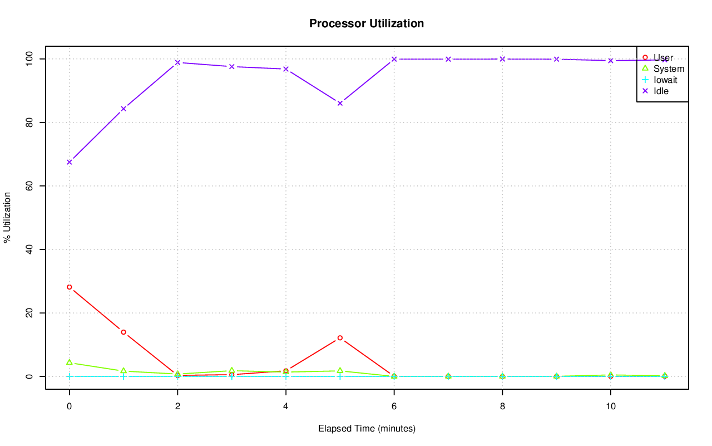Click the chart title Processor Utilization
tap(367, 23)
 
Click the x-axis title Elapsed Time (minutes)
tap(367, 429)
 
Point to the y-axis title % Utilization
tap(7, 217)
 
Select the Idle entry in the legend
tap(661, 91)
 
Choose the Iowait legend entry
tap(665, 80)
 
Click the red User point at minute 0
tap(69, 287)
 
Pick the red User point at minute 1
tap(123, 332)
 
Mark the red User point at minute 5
tap(340, 338)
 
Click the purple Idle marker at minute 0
tap(69, 162)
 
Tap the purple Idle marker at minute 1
tap(123, 109)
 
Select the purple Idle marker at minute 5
tap(340, 103)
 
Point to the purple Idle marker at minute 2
tap(177, 62)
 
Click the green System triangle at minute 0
tap(69, 362)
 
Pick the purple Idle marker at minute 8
tap(502, 59)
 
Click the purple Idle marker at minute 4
tap(286, 69)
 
